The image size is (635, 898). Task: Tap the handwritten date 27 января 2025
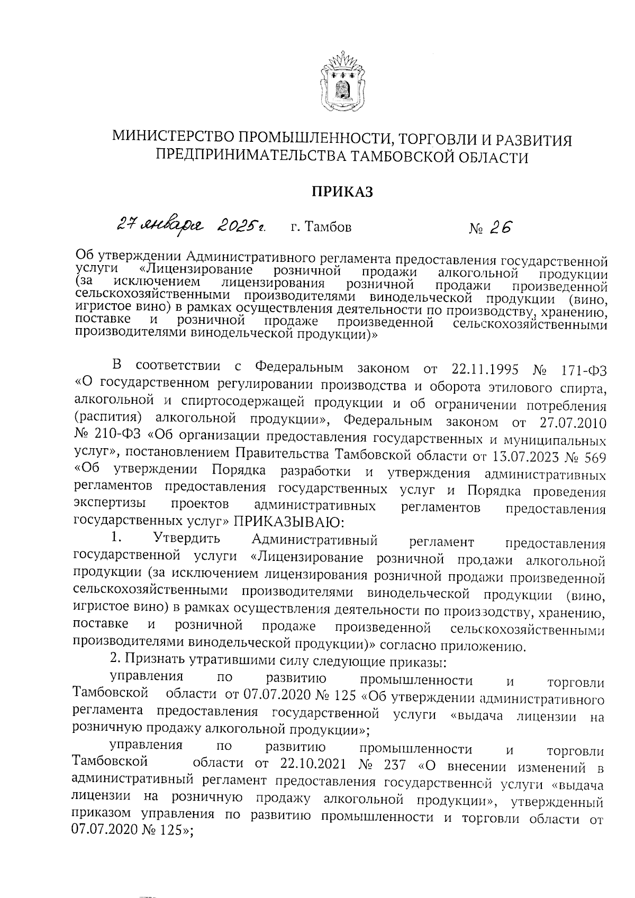[x=191, y=226]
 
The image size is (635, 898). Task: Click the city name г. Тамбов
[x=321, y=228]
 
